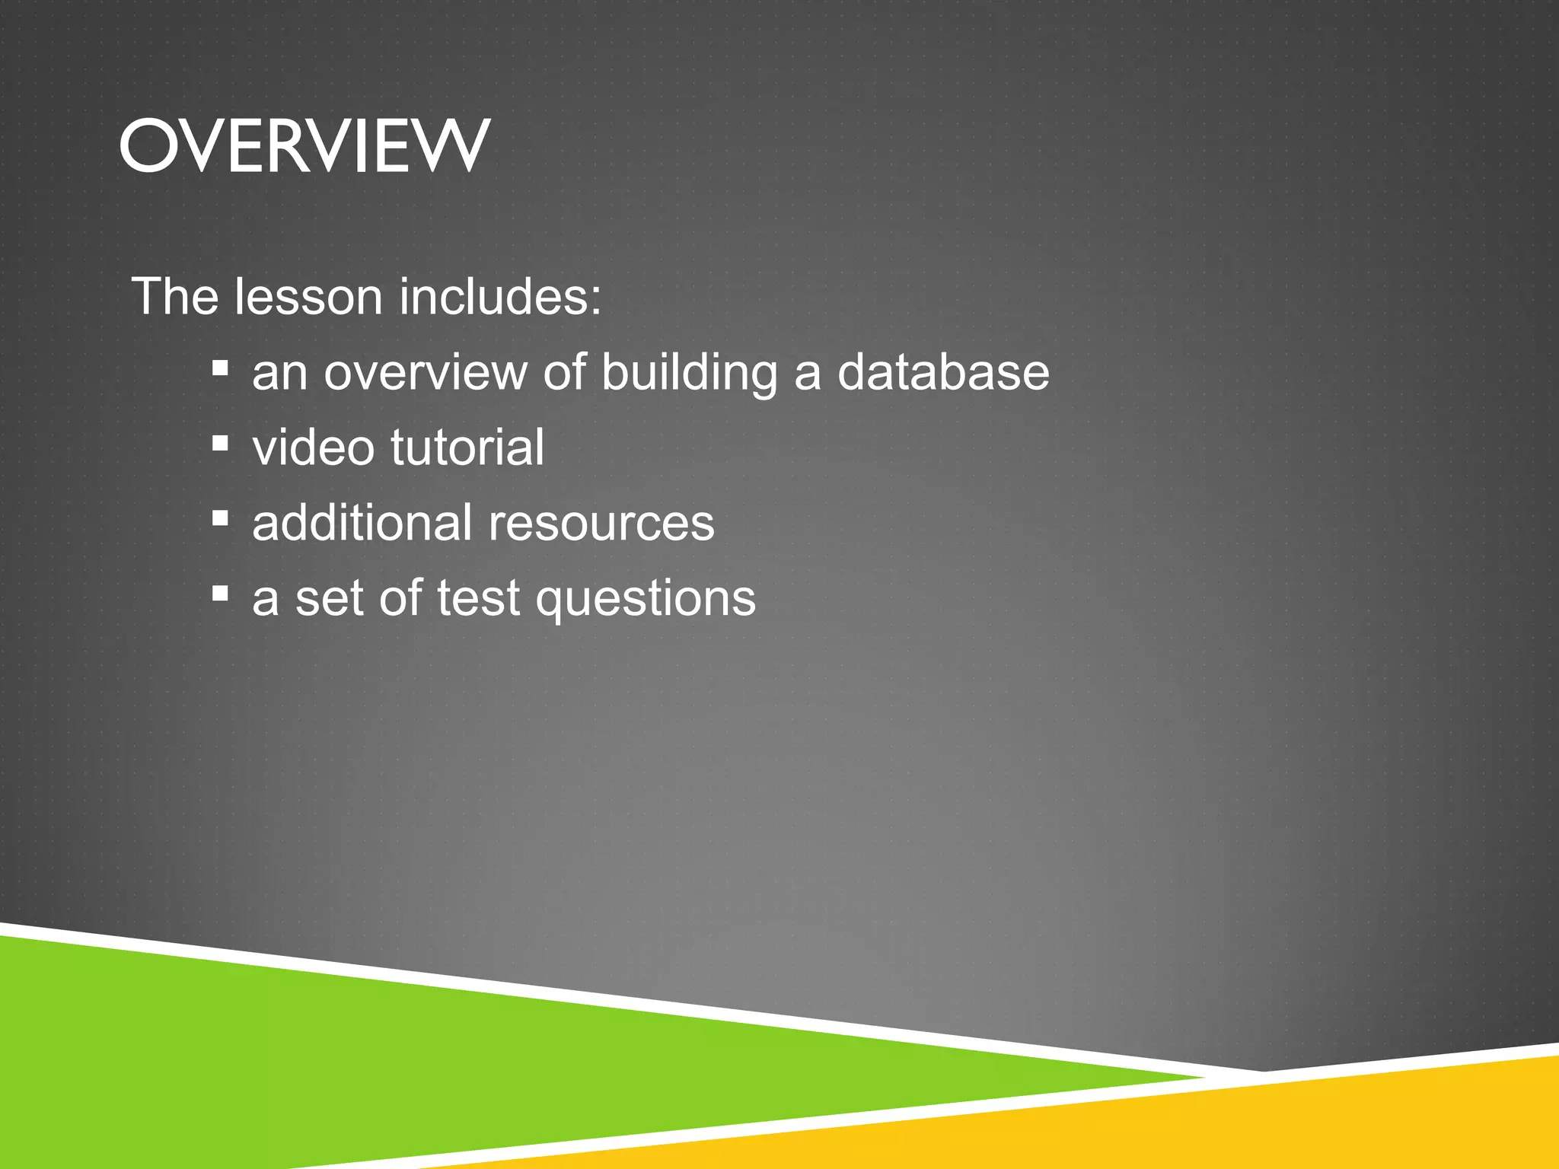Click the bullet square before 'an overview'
point(221,369)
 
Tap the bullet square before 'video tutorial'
point(221,444)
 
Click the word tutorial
point(467,448)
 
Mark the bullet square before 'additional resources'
point(221,519)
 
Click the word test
point(478,598)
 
